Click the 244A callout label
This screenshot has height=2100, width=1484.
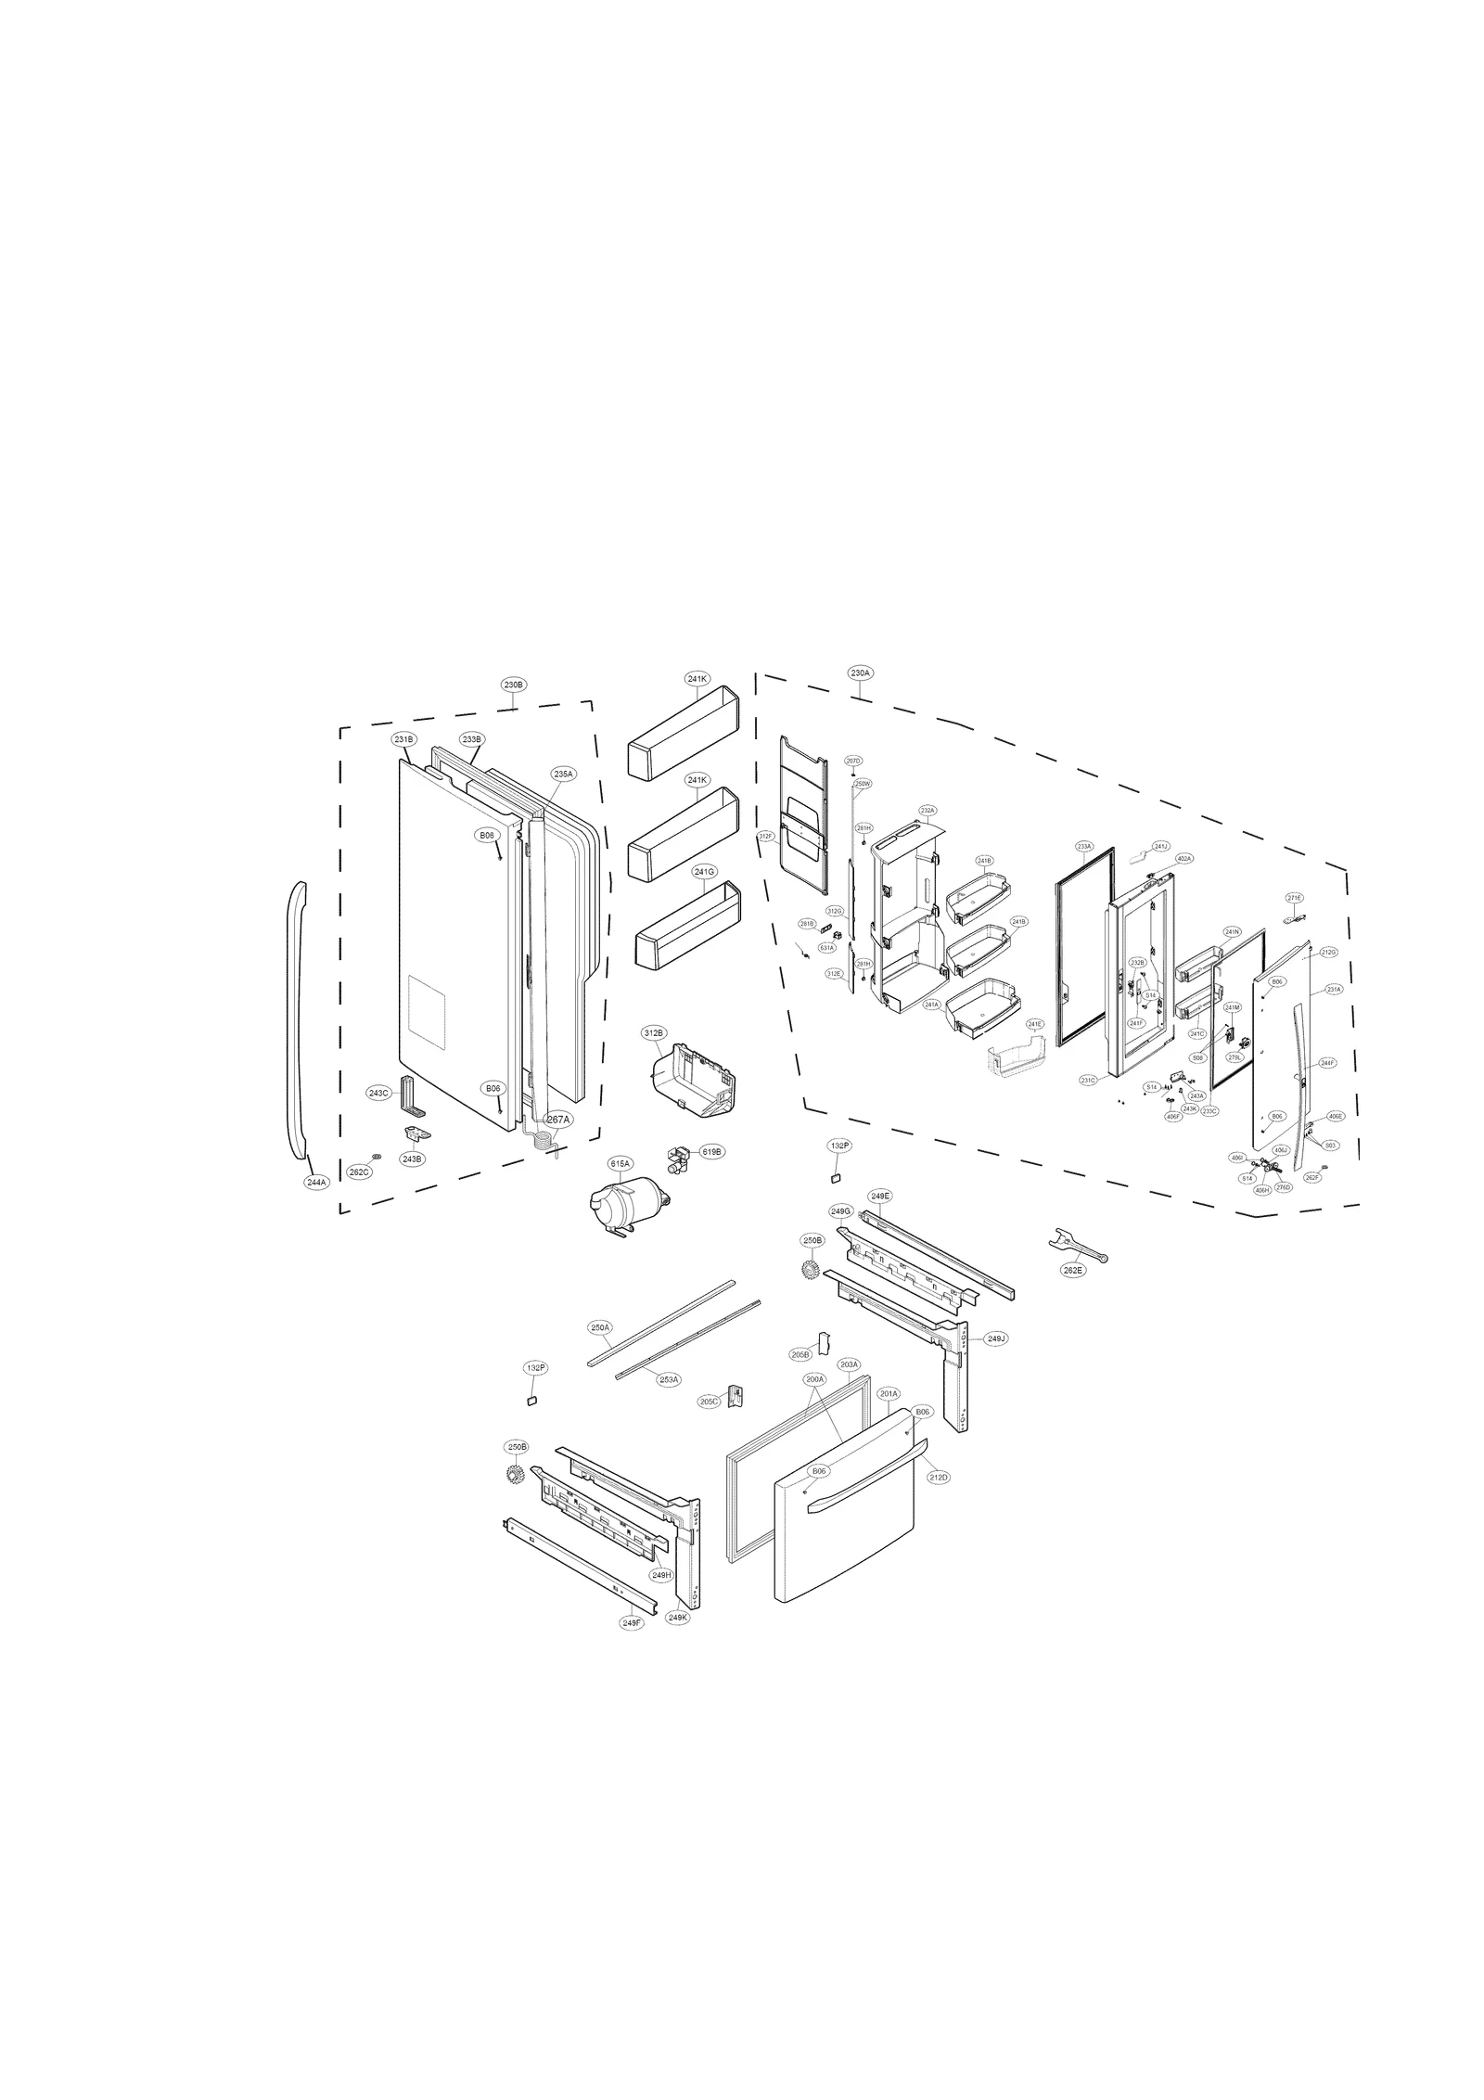316,1183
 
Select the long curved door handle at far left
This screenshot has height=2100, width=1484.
296,1020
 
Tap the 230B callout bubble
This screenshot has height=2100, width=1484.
514,685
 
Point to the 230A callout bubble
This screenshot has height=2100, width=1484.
860,672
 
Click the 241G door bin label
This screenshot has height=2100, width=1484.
704,872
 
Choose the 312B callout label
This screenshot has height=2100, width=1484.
654,1032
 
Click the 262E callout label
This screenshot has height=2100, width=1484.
1072,1270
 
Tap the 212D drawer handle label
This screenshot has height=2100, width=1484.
939,1477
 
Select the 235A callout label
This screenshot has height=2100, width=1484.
564,774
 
